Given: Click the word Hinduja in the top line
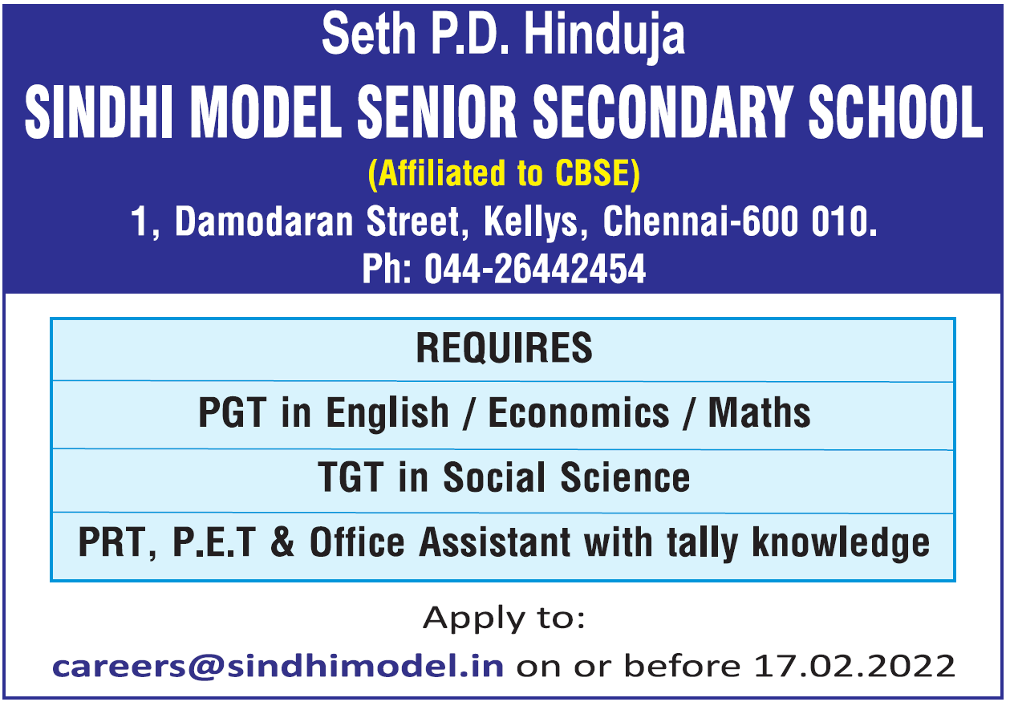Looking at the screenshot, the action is (x=604, y=35).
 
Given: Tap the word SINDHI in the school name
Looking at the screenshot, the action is (x=99, y=112).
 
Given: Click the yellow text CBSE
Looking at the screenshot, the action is (x=592, y=173).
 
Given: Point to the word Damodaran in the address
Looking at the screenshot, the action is (x=264, y=221).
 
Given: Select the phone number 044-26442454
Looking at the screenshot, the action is (x=535, y=269).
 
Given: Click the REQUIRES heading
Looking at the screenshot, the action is (x=504, y=347).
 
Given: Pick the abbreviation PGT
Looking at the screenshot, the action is (x=233, y=412).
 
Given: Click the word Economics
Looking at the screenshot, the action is (x=579, y=412).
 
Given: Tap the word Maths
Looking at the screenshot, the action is (x=759, y=412).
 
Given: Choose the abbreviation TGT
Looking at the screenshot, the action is (x=351, y=477).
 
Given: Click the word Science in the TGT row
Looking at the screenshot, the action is (x=626, y=477).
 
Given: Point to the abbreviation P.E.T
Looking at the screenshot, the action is (x=215, y=542).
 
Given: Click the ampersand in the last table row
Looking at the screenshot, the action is (x=282, y=542).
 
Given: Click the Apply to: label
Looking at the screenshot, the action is (x=504, y=619).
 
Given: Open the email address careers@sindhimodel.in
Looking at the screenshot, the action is (x=278, y=666).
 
